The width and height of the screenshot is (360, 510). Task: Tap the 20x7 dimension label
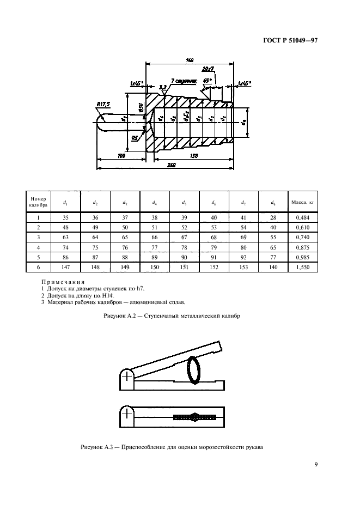point(207,69)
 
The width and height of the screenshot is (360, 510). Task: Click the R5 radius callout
point(135,138)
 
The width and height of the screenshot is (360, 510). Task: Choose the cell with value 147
point(65,268)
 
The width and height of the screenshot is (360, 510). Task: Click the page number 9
point(316,464)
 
